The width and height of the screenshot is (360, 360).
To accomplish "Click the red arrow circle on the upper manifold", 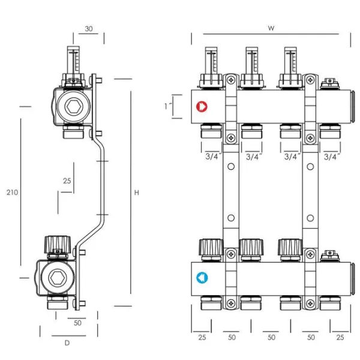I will (x=202, y=107).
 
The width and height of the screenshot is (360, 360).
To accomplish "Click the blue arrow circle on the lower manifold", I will (x=202, y=278).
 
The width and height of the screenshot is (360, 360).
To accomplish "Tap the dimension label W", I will (x=271, y=28).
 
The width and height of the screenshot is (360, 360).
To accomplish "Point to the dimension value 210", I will (x=12, y=193).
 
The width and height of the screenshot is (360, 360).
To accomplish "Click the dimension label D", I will (x=67, y=343).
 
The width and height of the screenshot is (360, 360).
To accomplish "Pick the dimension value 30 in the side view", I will (x=89, y=28).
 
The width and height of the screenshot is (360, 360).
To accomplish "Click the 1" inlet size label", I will (x=169, y=106).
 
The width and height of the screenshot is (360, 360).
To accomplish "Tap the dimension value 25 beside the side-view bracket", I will (x=67, y=181).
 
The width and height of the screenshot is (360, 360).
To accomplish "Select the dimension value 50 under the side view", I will (x=78, y=323).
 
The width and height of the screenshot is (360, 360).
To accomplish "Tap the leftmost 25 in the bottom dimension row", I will (x=202, y=338).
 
